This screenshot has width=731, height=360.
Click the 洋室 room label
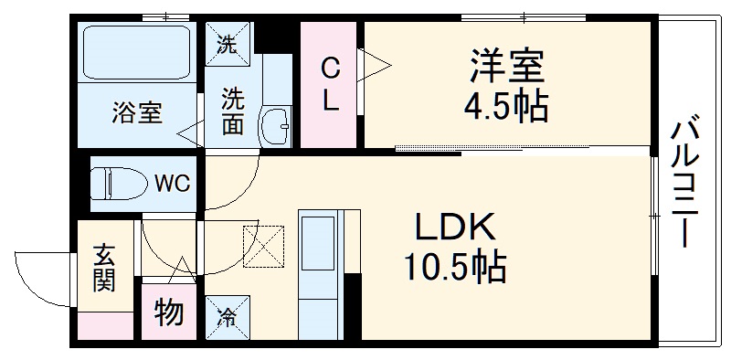pyautogui.click(x=507, y=66)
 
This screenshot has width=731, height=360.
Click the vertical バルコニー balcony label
pyautogui.click(x=684, y=183)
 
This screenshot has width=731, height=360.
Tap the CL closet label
pyautogui.click(x=330, y=84)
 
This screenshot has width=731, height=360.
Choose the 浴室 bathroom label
pyautogui.click(x=137, y=113)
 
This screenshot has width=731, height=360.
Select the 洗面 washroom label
pyautogui.click(x=232, y=110)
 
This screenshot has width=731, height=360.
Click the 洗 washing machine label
pyautogui.click(x=225, y=41)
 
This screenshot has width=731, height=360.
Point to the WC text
pyautogui.click(x=172, y=183)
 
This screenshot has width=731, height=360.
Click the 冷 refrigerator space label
pyautogui.click(x=225, y=317)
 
